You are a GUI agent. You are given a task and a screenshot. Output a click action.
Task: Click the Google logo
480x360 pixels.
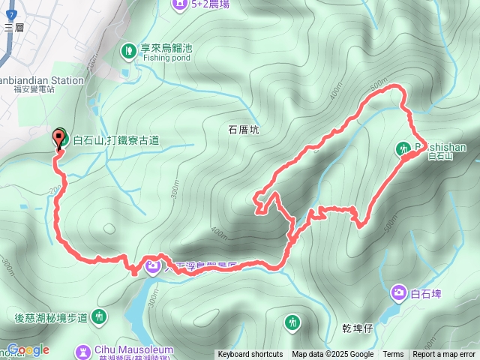point(28,349)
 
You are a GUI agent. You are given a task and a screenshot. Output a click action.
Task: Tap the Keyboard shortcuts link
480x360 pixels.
point(250,355)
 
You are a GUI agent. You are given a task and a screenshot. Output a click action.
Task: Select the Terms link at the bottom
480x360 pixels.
point(393,355)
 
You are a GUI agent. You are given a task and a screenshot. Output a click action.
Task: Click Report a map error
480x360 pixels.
point(444,355)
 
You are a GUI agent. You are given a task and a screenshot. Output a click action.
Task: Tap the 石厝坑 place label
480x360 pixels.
point(243,130)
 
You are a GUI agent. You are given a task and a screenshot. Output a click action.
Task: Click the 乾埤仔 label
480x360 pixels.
point(355,328)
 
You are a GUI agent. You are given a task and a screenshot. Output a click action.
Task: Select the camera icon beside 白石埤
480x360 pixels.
point(399,292)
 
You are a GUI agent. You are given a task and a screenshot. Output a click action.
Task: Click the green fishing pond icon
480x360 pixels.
point(128,51)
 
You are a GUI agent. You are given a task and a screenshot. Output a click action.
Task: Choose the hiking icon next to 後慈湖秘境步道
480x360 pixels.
point(99,317)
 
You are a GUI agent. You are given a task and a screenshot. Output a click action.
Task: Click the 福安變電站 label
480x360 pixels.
point(34,88)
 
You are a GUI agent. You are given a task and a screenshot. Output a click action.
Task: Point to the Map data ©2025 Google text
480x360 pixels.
point(332,355)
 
